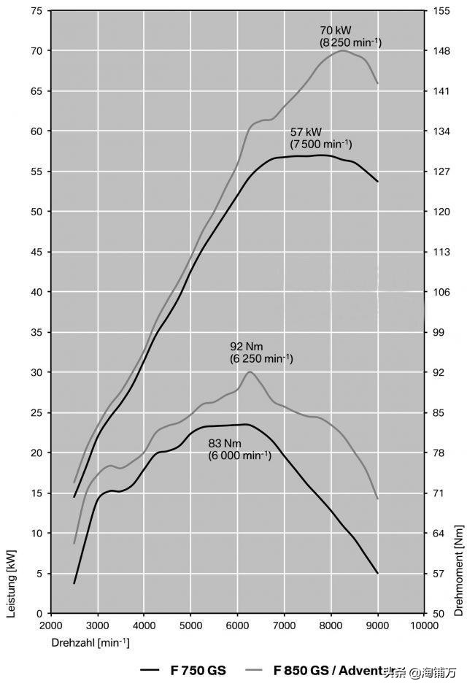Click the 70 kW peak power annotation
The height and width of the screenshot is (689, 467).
pos(335,31)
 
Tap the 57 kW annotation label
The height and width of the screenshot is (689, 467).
pos(306,132)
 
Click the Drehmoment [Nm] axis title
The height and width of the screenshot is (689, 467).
pos(458,570)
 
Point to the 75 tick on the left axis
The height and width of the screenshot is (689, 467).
pos(35,11)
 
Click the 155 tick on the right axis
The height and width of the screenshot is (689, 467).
pos(440,11)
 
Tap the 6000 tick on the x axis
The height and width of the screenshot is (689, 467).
pos(237,625)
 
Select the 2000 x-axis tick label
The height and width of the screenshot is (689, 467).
pos(50,625)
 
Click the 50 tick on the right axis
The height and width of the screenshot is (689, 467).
pos(438,614)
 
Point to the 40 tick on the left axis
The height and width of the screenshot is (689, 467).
pos(35,292)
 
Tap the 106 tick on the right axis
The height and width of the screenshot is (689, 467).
pos(440,292)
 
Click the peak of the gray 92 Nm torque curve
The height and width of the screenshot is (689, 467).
pos(250,372)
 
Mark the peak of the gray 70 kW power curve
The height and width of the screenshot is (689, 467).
pos(342,50)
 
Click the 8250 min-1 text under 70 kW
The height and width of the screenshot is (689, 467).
pos(350,43)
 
